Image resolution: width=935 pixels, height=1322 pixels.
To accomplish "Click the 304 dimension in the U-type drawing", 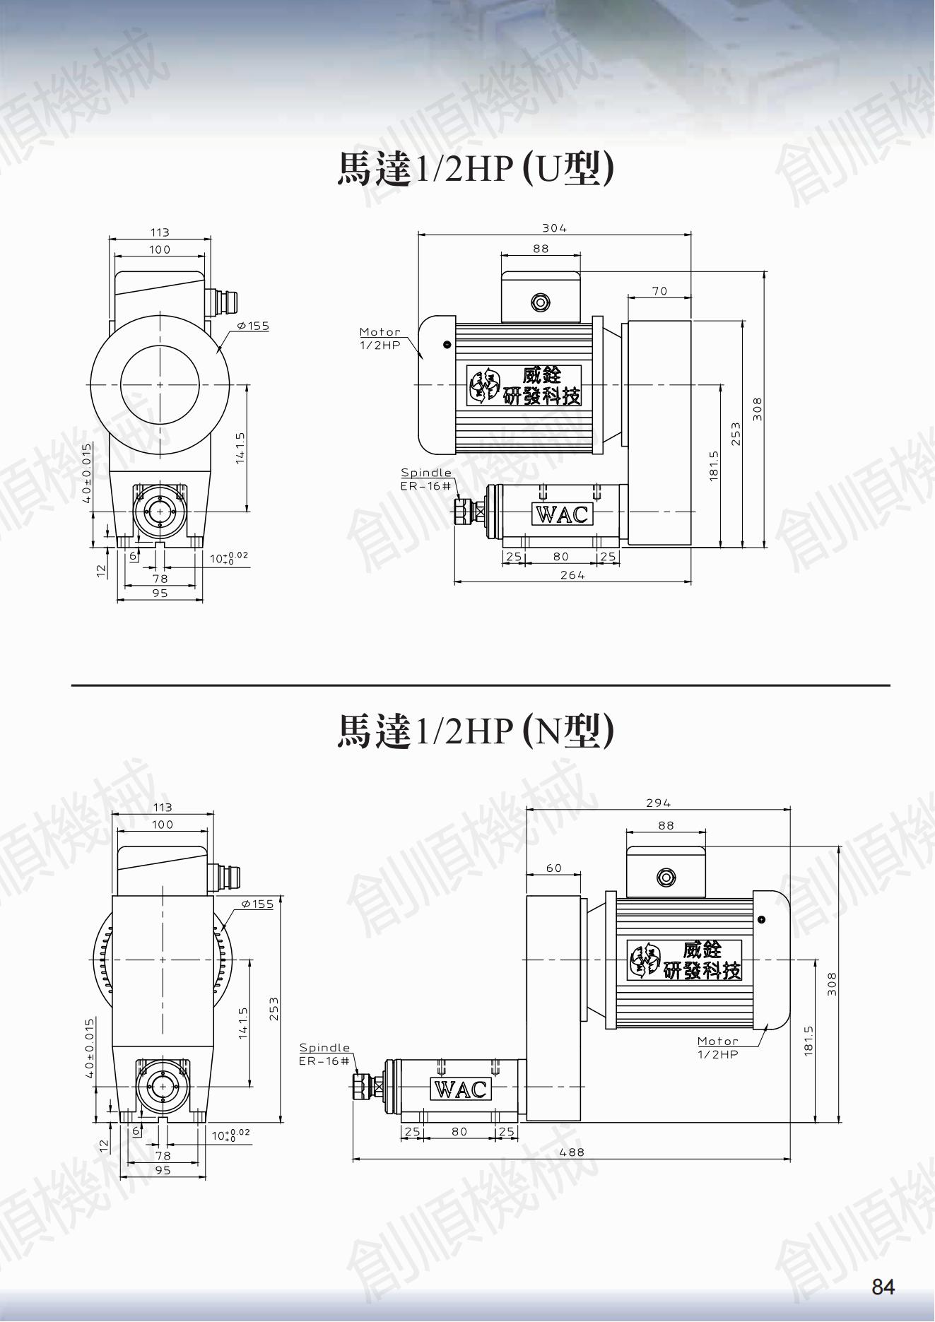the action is click(554, 228).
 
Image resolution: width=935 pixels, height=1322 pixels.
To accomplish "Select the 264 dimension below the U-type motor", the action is click(572, 574).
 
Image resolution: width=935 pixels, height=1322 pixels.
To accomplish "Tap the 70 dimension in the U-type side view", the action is click(659, 290).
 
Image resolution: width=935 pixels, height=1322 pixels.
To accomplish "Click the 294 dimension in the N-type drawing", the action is click(658, 803).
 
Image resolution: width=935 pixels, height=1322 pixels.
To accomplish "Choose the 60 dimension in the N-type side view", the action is click(554, 868).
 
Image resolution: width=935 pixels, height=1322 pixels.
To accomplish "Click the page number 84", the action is click(883, 1287).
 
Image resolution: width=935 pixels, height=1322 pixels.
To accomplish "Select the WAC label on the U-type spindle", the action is click(562, 514).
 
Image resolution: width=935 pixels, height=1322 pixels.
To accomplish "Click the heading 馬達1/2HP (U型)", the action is click(475, 169).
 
